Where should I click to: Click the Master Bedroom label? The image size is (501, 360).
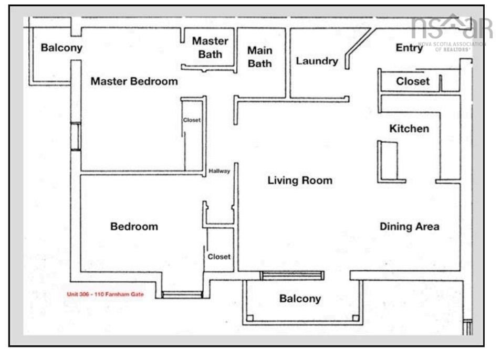coord(134,82)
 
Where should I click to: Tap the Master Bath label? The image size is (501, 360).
coord(210,47)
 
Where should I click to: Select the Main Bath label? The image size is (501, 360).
coord(260,57)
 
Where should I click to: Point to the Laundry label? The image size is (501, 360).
coord(317,61)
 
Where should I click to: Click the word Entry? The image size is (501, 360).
coord(409,49)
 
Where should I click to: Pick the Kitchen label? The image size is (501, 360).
coord(409,129)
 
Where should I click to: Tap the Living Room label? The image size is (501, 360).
coord(300,181)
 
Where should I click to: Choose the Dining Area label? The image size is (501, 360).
coord(410,227)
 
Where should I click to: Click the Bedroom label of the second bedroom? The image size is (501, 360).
coord(134,227)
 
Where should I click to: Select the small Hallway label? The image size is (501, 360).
coord(220,171)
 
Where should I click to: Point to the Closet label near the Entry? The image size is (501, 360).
coord(413,82)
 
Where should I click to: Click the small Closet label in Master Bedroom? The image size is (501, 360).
coord(192,120)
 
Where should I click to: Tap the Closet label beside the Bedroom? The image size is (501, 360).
coord(219,257)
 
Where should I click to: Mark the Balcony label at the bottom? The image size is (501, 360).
coord(299,299)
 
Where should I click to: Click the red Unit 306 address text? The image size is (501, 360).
coord(105,294)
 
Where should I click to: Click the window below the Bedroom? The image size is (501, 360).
coord(182,295)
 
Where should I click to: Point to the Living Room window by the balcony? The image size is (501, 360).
coord(293,276)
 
